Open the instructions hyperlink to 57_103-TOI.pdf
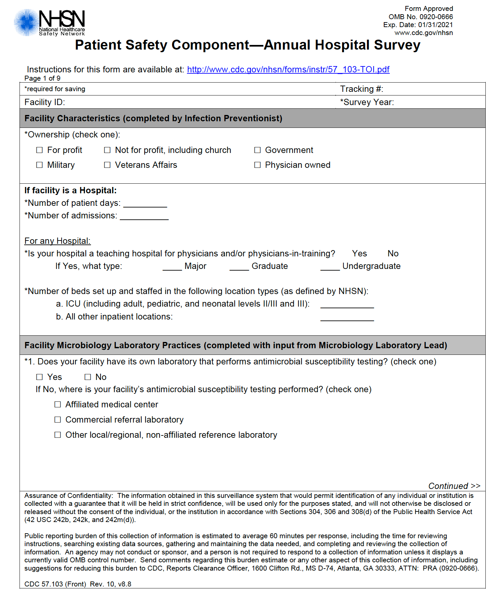coord(288,69)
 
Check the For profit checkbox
coord(39,150)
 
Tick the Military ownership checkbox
coord(39,165)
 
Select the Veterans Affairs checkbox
coord(107,165)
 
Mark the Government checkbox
coord(257,150)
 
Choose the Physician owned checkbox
coord(257,165)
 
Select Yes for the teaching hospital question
coord(359,253)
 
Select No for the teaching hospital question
coord(393,253)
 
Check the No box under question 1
coord(88,377)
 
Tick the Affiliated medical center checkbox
coord(58,404)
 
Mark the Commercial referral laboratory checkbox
coord(58,420)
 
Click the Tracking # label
coord(361,89)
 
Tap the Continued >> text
coord(454,486)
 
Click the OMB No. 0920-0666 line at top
coord(421,17)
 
